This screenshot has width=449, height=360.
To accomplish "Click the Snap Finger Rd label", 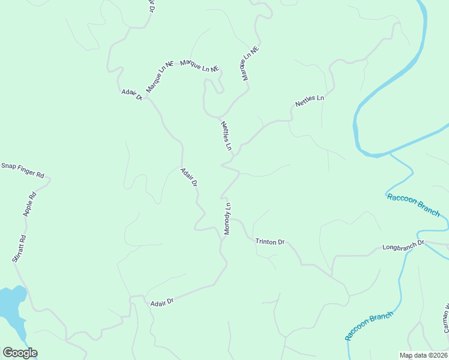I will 23,170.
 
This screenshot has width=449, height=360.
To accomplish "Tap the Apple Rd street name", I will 29,204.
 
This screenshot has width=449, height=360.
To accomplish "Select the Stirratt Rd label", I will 19,248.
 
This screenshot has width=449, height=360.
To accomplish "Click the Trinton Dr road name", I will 270,242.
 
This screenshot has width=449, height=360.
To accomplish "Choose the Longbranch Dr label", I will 403,245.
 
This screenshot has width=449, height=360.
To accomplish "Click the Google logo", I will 20,353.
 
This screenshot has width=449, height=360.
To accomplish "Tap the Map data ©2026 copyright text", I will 423,355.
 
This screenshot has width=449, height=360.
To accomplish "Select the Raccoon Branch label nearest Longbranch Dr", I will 414,205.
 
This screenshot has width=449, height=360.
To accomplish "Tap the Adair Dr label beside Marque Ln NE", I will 131,94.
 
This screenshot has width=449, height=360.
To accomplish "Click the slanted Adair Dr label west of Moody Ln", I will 189,177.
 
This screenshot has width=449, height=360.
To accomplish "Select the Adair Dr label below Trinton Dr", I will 161,302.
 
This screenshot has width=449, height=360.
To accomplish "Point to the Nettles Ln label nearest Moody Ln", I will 226,136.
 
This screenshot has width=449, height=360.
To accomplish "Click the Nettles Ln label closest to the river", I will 309,101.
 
